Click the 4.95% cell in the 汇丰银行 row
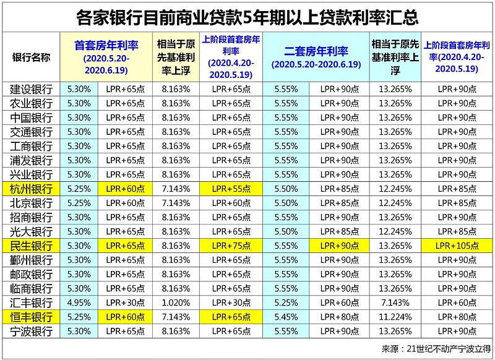click(x=80, y=303)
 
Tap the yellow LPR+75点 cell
click(x=231, y=246)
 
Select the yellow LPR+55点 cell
click(x=231, y=188)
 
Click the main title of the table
click(x=247, y=16)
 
